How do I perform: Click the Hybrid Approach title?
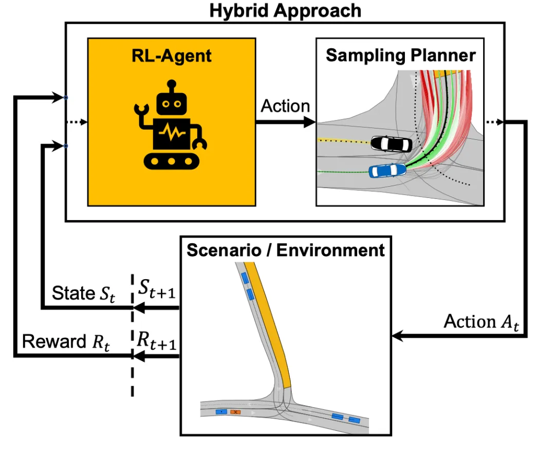point(285,10)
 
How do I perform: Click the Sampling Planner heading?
point(401,56)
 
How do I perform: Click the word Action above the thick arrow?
point(285,106)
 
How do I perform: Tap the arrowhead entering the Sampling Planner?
point(310,122)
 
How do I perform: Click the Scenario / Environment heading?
point(286,250)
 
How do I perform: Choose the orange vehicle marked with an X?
point(235,412)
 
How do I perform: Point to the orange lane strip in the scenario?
point(270,329)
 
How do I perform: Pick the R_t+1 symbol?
point(157,340)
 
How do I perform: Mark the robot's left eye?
point(165,104)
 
